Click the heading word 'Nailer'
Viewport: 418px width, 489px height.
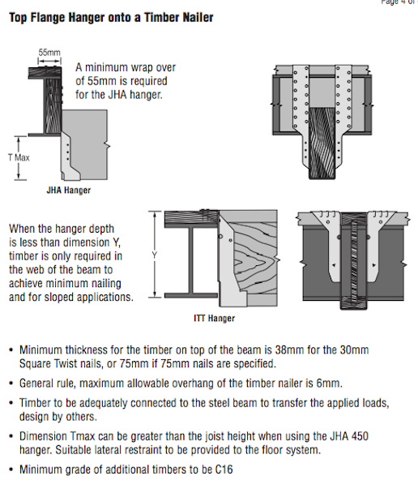(x=198, y=18)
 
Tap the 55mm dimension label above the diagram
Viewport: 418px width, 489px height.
(x=49, y=53)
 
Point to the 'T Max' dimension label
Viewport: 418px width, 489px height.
(x=19, y=157)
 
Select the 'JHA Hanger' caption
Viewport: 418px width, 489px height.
(x=69, y=191)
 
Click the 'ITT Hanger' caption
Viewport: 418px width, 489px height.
(x=215, y=318)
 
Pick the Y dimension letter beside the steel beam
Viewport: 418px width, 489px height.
(x=155, y=255)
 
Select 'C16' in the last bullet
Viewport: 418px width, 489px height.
(x=224, y=470)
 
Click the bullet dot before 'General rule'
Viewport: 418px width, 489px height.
(x=11, y=384)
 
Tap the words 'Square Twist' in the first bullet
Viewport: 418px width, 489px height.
(x=50, y=363)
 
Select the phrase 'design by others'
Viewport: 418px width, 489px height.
(x=58, y=417)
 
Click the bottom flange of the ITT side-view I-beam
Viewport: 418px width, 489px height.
(x=191, y=295)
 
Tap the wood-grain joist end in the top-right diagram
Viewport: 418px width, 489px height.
(x=322, y=143)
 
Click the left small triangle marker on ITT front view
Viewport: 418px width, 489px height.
(x=334, y=265)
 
